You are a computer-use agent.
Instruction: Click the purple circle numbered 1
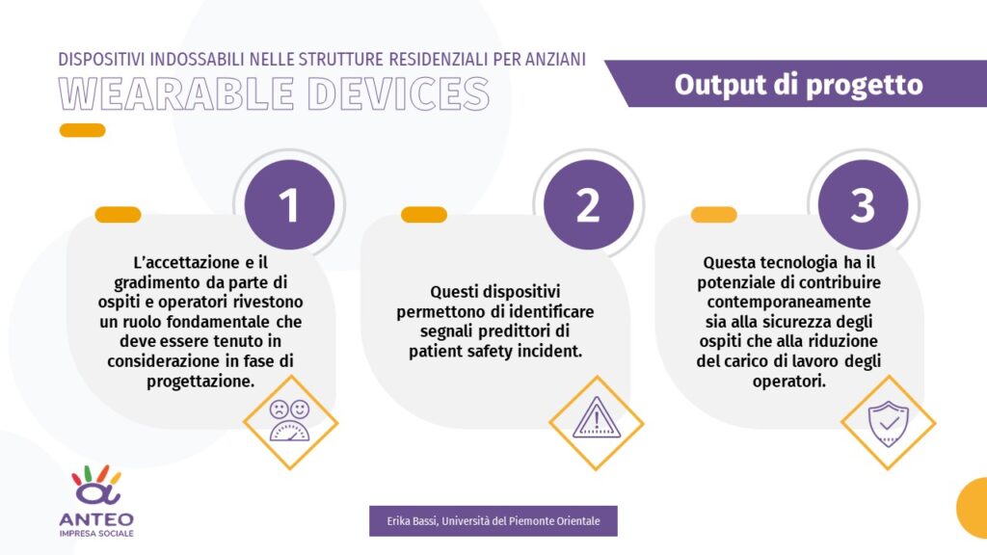tap(289, 204)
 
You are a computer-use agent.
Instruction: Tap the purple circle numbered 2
tap(589, 204)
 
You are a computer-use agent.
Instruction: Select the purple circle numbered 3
tap(863, 204)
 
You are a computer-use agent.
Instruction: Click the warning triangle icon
tap(597, 417)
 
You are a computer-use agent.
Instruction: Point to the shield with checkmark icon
tap(888, 424)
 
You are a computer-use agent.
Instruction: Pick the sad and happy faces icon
tap(289, 420)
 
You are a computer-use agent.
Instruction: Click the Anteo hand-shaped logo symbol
tap(96, 486)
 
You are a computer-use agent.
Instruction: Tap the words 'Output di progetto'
tap(799, 85)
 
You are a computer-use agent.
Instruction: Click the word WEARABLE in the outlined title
tap(177, 93)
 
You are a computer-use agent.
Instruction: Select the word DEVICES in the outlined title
tap(398, 93)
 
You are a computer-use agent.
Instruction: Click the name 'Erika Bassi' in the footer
tap(412, 521)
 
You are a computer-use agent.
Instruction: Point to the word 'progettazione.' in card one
tap(200, 382)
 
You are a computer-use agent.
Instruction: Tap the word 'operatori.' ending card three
tap(788, 382)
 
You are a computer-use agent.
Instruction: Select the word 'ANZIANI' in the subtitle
tap(556, 59)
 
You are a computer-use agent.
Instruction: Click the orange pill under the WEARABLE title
tap(83, 130)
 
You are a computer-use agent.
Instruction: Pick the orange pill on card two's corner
tap(424, 215)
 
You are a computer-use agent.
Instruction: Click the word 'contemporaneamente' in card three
tap(788, 302)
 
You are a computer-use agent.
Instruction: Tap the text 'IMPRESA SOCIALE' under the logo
tap(96, 534)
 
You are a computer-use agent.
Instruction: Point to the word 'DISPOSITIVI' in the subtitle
tap(101, 59)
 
